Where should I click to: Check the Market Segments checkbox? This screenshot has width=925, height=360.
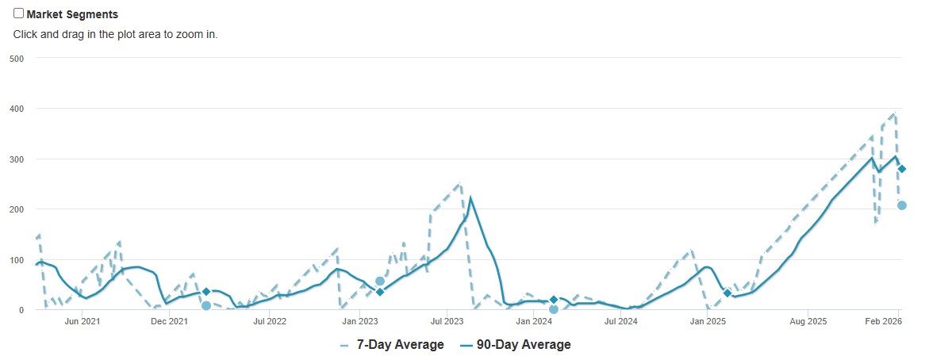[19, 13]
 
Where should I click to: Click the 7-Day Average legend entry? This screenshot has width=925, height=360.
[392, 344]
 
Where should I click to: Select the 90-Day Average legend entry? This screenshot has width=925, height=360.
[515, 344]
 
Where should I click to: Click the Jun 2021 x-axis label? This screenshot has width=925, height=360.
[83, 321]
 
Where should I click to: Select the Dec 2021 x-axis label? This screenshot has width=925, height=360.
[169, 321]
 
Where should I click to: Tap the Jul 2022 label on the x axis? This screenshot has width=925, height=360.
[270, 321]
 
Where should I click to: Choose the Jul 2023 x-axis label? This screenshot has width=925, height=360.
[447, 321]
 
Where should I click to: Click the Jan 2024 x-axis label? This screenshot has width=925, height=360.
[534, 321]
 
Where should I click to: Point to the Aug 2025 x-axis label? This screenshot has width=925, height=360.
[808, 321]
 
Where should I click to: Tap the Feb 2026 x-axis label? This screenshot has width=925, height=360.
[881, 321]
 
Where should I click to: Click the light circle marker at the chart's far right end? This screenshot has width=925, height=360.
[902, 205]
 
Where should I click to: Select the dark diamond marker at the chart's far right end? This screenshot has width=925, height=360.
[902, 169]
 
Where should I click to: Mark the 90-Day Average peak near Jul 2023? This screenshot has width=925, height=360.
[470, 197]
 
